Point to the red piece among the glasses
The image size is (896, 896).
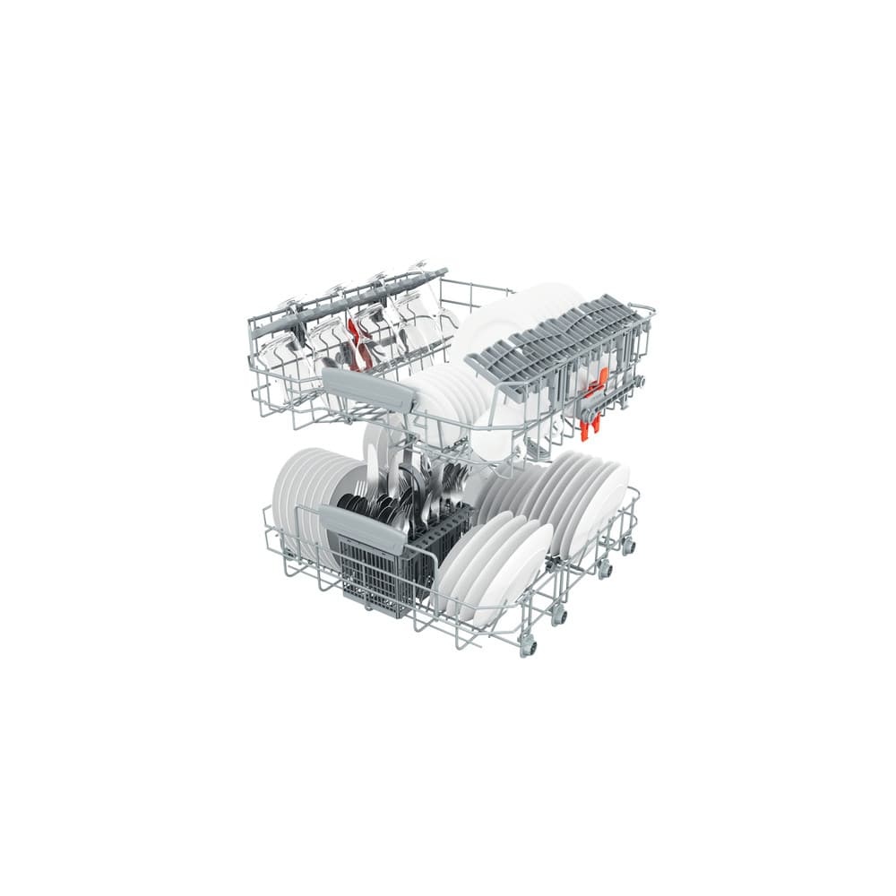[x=359, y=345]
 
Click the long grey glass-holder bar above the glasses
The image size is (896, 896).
[x=349, y=300]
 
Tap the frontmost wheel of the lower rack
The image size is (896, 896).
[x=528, y=646]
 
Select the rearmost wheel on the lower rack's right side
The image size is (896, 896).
[x=628, y=545]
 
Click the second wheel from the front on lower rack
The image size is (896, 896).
[x=559, y=616]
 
